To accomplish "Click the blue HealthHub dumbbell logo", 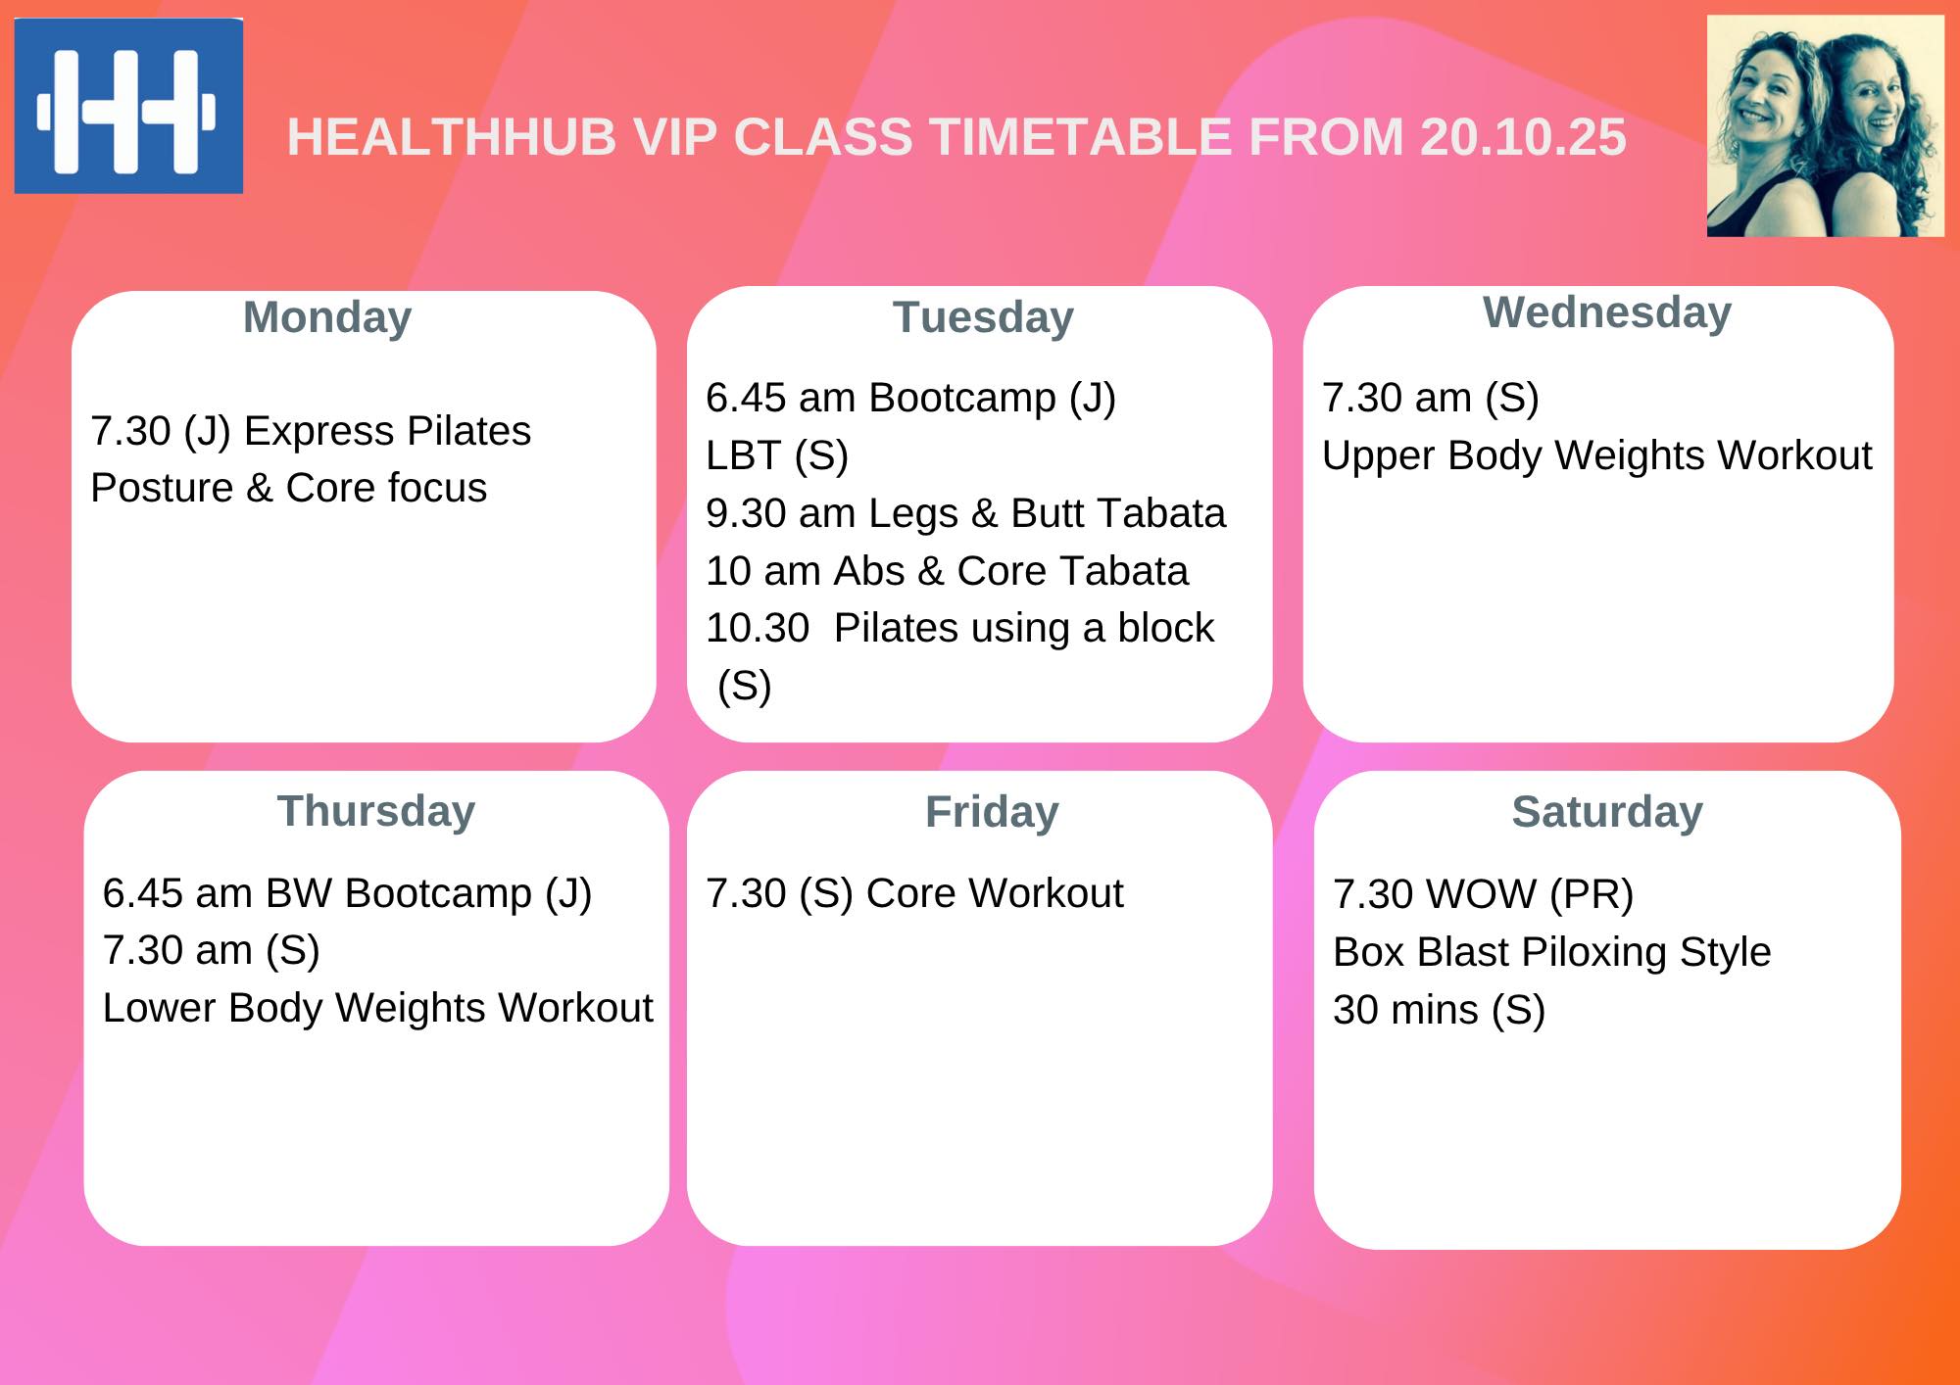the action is [x=128, y=106].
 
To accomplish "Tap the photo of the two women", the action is [x=1825, y=126].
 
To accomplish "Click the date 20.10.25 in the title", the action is [x=1523, y=137].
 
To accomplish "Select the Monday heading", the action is [x=327, y=318].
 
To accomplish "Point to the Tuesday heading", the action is [x=983, y=318].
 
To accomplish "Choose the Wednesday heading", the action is [x=1607, y=313].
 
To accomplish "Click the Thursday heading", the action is [x=376, y=811].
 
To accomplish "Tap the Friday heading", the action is [x=992, y=812].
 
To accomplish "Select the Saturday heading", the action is [x=1607, y=812].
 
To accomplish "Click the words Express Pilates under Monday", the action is [x=387, y=431].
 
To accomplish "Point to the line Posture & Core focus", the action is [x=289, y=488].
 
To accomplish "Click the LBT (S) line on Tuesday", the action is [x=777, y=455].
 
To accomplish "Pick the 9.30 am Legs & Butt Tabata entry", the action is [x=965, y=513].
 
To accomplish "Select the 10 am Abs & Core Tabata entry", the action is [x=947, y=571].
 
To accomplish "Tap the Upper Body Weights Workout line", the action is [x=1596, y=456].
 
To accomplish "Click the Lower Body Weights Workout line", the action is [x=377, y=1009].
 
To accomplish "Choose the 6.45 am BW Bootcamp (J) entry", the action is [x=347, y=893].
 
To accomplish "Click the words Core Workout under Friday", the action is [x=995, y=893].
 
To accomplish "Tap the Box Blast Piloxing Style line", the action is [x=1552, y=952].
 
